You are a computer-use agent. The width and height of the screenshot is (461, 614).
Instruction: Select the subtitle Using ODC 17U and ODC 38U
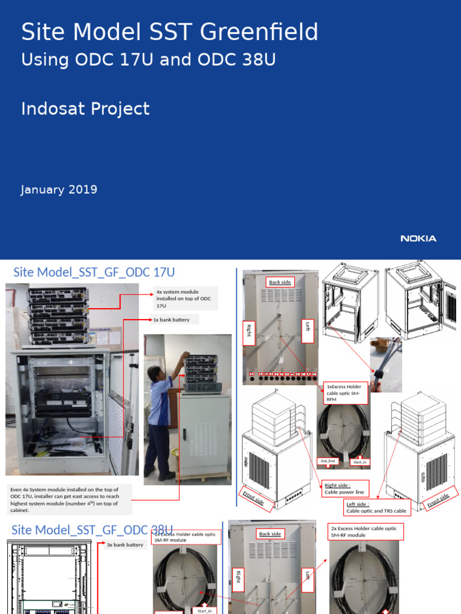(148, 60)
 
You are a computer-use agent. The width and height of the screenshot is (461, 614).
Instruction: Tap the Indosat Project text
(85, 109)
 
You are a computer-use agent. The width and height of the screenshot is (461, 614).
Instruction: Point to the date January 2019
(59, 189)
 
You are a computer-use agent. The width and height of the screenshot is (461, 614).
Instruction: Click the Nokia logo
(418, 239)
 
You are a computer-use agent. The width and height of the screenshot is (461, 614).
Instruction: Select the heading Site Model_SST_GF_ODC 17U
(94, 272)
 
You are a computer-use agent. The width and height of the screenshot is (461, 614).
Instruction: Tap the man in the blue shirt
(160, 420)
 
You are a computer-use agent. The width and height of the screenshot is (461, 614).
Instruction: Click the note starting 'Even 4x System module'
(65, 499)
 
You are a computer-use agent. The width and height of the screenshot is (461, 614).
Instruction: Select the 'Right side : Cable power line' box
(345, 488)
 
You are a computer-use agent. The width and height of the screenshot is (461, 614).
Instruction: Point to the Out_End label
(328, 461)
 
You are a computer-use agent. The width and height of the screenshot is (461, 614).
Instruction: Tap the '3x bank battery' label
(125, 544)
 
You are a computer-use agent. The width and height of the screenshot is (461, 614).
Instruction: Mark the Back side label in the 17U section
(279, 282)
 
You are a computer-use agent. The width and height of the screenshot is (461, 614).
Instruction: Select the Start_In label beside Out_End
(360, 462)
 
